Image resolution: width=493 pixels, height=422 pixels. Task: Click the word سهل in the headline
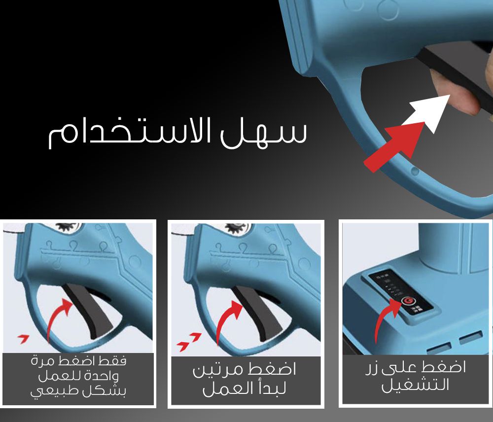click(263, 132)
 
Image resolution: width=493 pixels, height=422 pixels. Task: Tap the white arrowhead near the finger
click(431, 111)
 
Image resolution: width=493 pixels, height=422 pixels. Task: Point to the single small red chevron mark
click(23, 339)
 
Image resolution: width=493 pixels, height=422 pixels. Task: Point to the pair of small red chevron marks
click(189, 341)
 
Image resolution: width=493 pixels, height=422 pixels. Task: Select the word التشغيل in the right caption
click(415, 384)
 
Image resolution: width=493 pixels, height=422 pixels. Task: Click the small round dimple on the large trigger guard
click(415, 172)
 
